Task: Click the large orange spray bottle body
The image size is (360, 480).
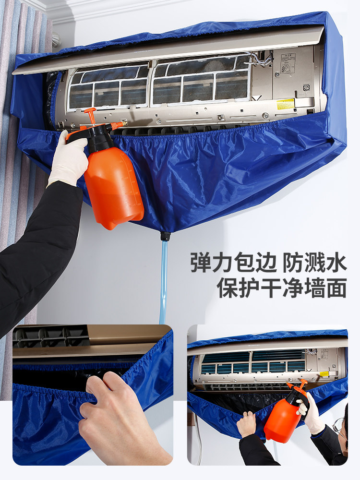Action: [x=114, y=187]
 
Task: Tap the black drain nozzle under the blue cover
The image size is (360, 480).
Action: [x=165, y=236]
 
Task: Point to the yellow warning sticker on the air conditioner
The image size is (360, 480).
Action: [x=285, y=104]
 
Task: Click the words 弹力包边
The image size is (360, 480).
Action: [x=233, y=263]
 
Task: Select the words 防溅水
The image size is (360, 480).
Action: [x=314, y=263]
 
